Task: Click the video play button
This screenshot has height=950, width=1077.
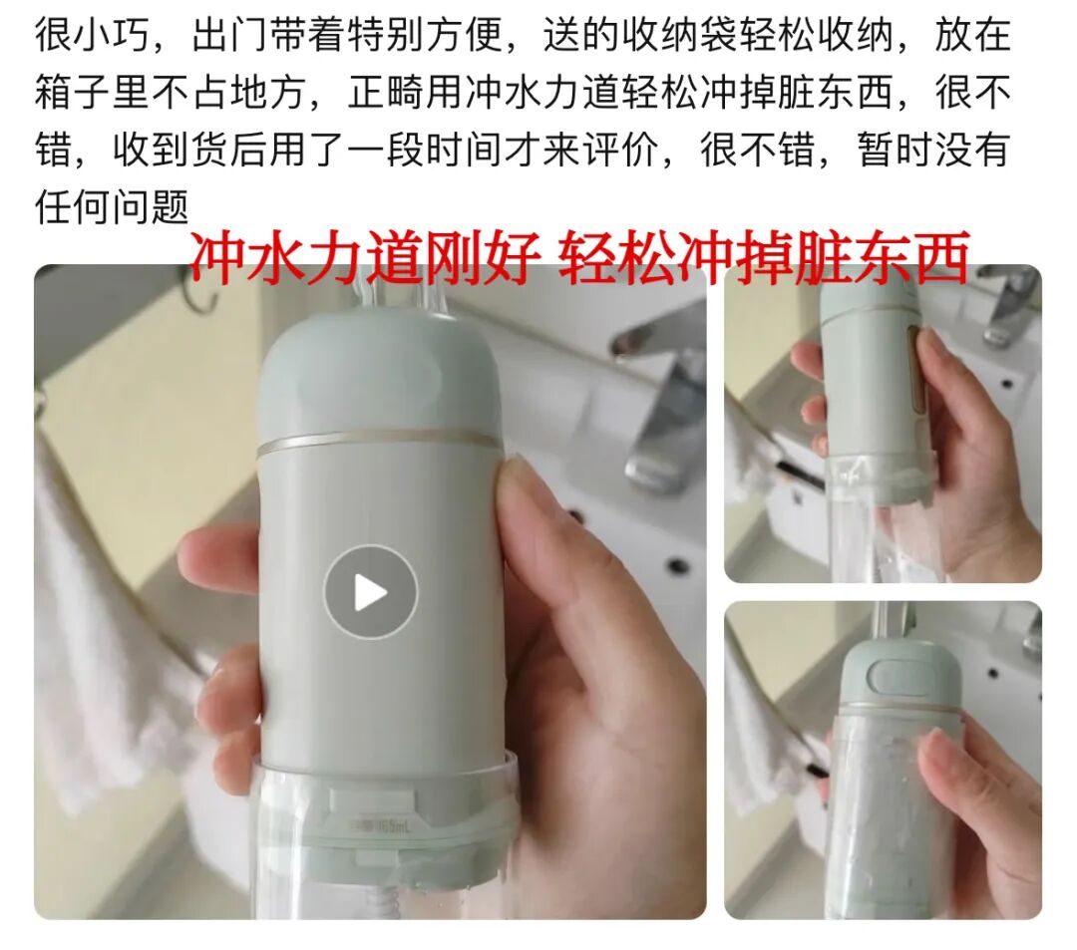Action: pyautogui.click(x=371, y=592)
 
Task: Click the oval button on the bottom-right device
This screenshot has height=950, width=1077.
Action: pyautogui.click(x=900, y=676)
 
